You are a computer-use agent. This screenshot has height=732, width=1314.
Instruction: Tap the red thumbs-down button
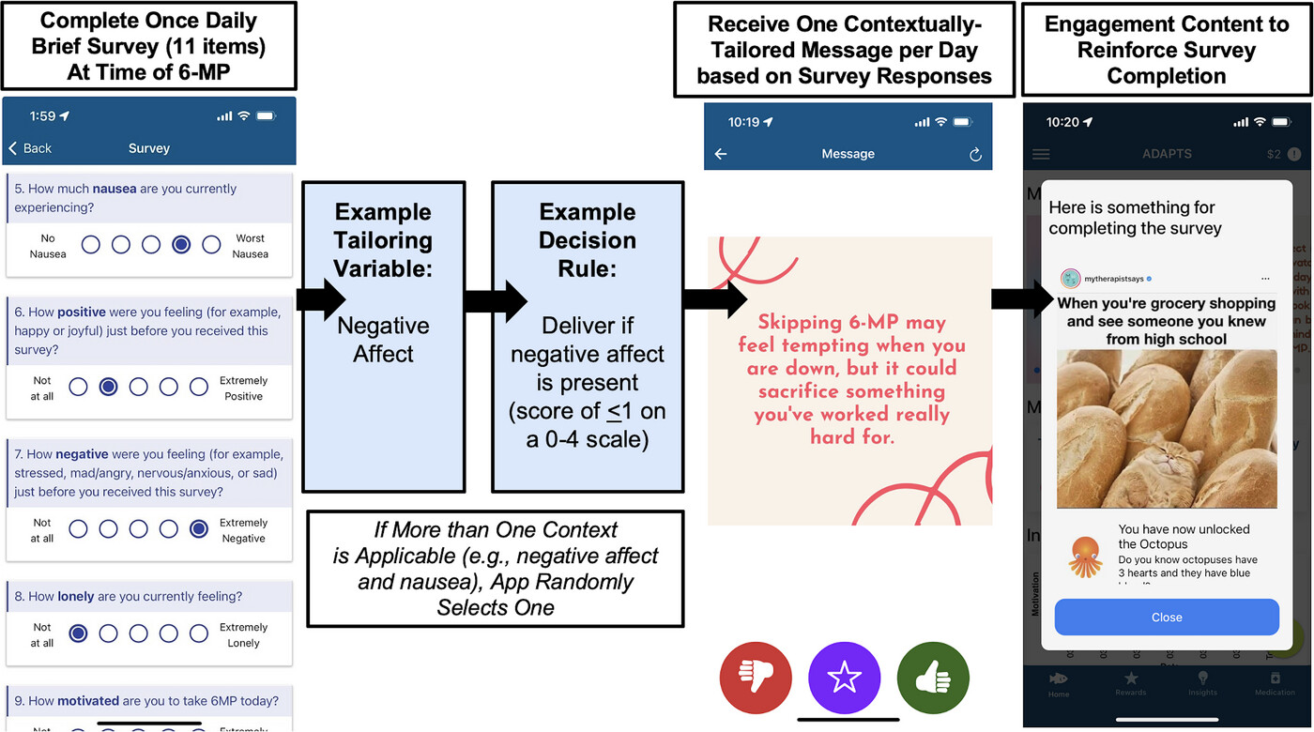[x=756, y=678]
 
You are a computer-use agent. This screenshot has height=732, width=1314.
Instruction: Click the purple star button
[x=845, y=678]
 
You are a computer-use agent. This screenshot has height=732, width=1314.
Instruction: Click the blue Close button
[x=1167, y=618]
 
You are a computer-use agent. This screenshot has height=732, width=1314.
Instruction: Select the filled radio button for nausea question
[x=181, y=245]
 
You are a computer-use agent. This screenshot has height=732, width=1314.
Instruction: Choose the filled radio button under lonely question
[x=79, y=634]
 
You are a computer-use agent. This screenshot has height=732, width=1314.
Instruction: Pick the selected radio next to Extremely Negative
[x=198, y=530]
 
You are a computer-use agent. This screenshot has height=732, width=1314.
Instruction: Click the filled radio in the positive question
[x=109, y=388]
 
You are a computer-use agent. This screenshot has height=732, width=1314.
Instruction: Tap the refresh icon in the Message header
[x=975, y=155]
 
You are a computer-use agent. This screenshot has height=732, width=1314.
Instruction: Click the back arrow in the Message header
[x=721, y=154]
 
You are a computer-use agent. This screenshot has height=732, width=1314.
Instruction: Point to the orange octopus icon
[x=1085, y=557]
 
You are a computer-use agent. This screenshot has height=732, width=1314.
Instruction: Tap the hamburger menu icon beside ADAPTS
[x=1041, y=154]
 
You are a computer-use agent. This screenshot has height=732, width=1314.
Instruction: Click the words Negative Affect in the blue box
[x=383, y=340]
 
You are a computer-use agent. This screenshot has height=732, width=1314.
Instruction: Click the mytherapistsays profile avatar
[x=1071, y=279]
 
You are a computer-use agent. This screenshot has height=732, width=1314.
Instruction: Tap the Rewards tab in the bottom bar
[x=1131, y=682]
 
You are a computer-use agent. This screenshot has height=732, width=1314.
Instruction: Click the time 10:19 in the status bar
[x=744, y=122]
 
